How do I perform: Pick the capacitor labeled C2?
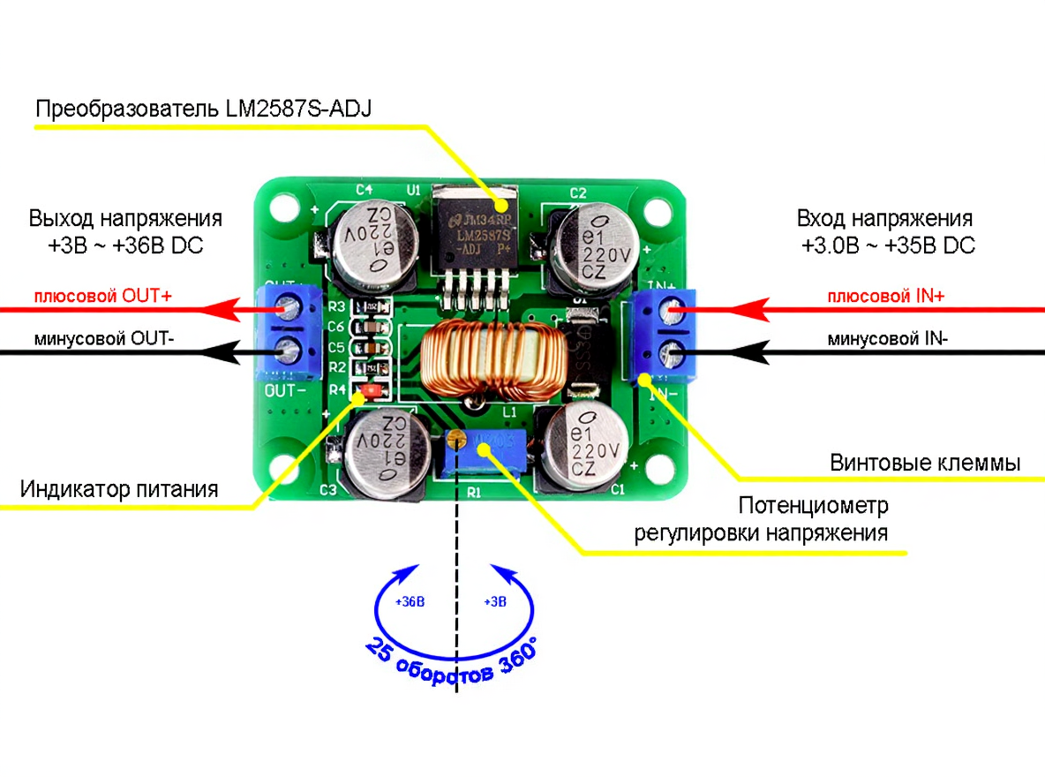(587, 249)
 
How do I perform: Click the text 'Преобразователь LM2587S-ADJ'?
(204, 110)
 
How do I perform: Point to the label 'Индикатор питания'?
(119, 488)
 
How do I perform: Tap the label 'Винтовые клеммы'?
(925, 463)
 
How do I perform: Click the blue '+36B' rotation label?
(410, 602)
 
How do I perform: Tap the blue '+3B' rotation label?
(495, 602)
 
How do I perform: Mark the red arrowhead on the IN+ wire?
(747, 309)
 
